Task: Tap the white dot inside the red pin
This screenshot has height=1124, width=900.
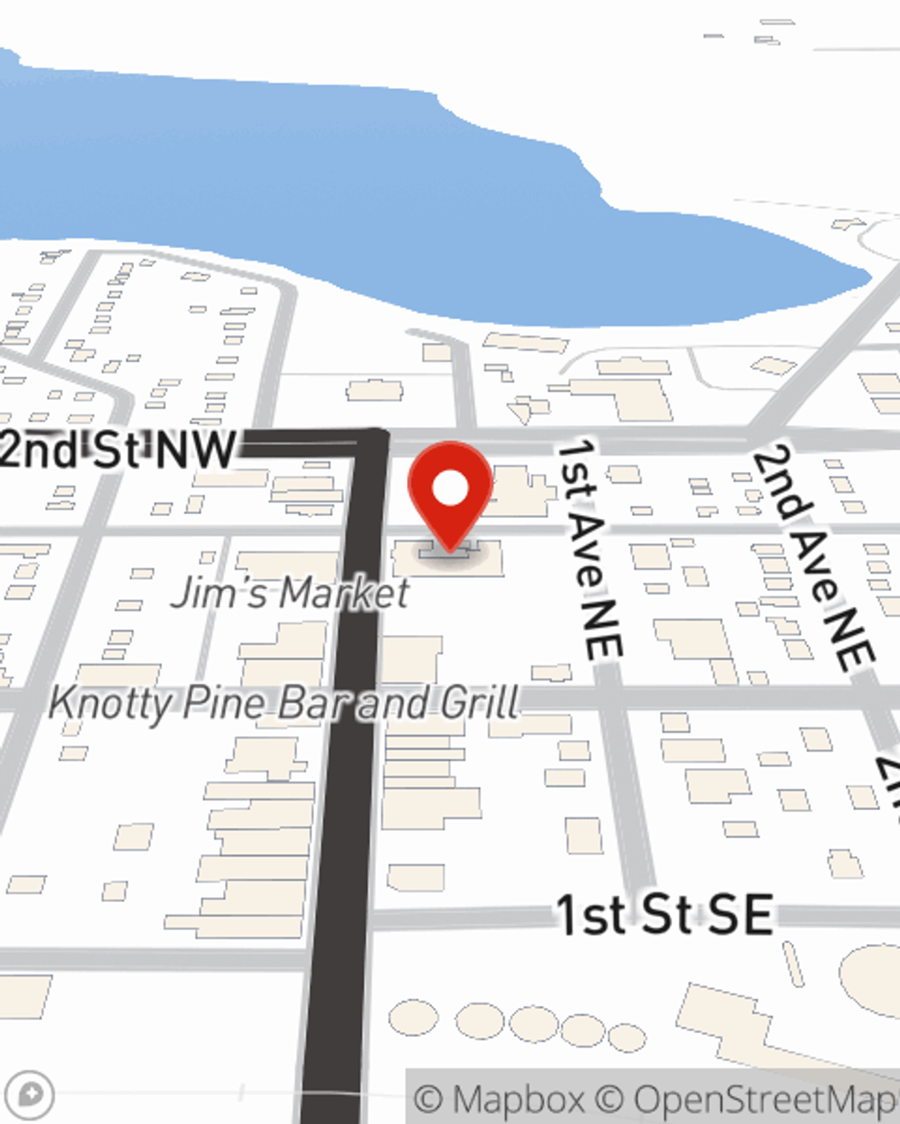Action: [451, 489]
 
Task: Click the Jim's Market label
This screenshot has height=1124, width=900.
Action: [290, 593]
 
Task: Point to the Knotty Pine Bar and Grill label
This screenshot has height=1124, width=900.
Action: [284, 702]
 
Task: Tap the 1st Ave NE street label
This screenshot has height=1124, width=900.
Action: [589, 549]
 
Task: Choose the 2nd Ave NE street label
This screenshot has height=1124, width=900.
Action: [814, 558]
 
